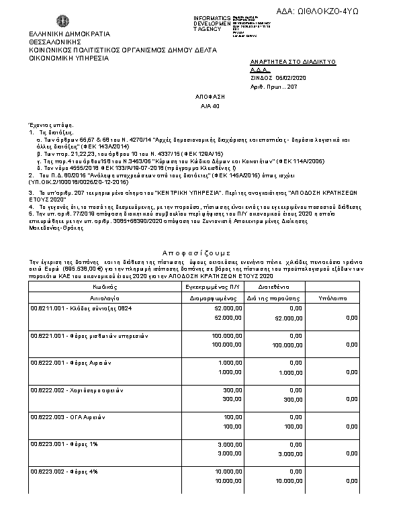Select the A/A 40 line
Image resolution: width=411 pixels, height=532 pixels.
pyautogui.click(x=210, y=106)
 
